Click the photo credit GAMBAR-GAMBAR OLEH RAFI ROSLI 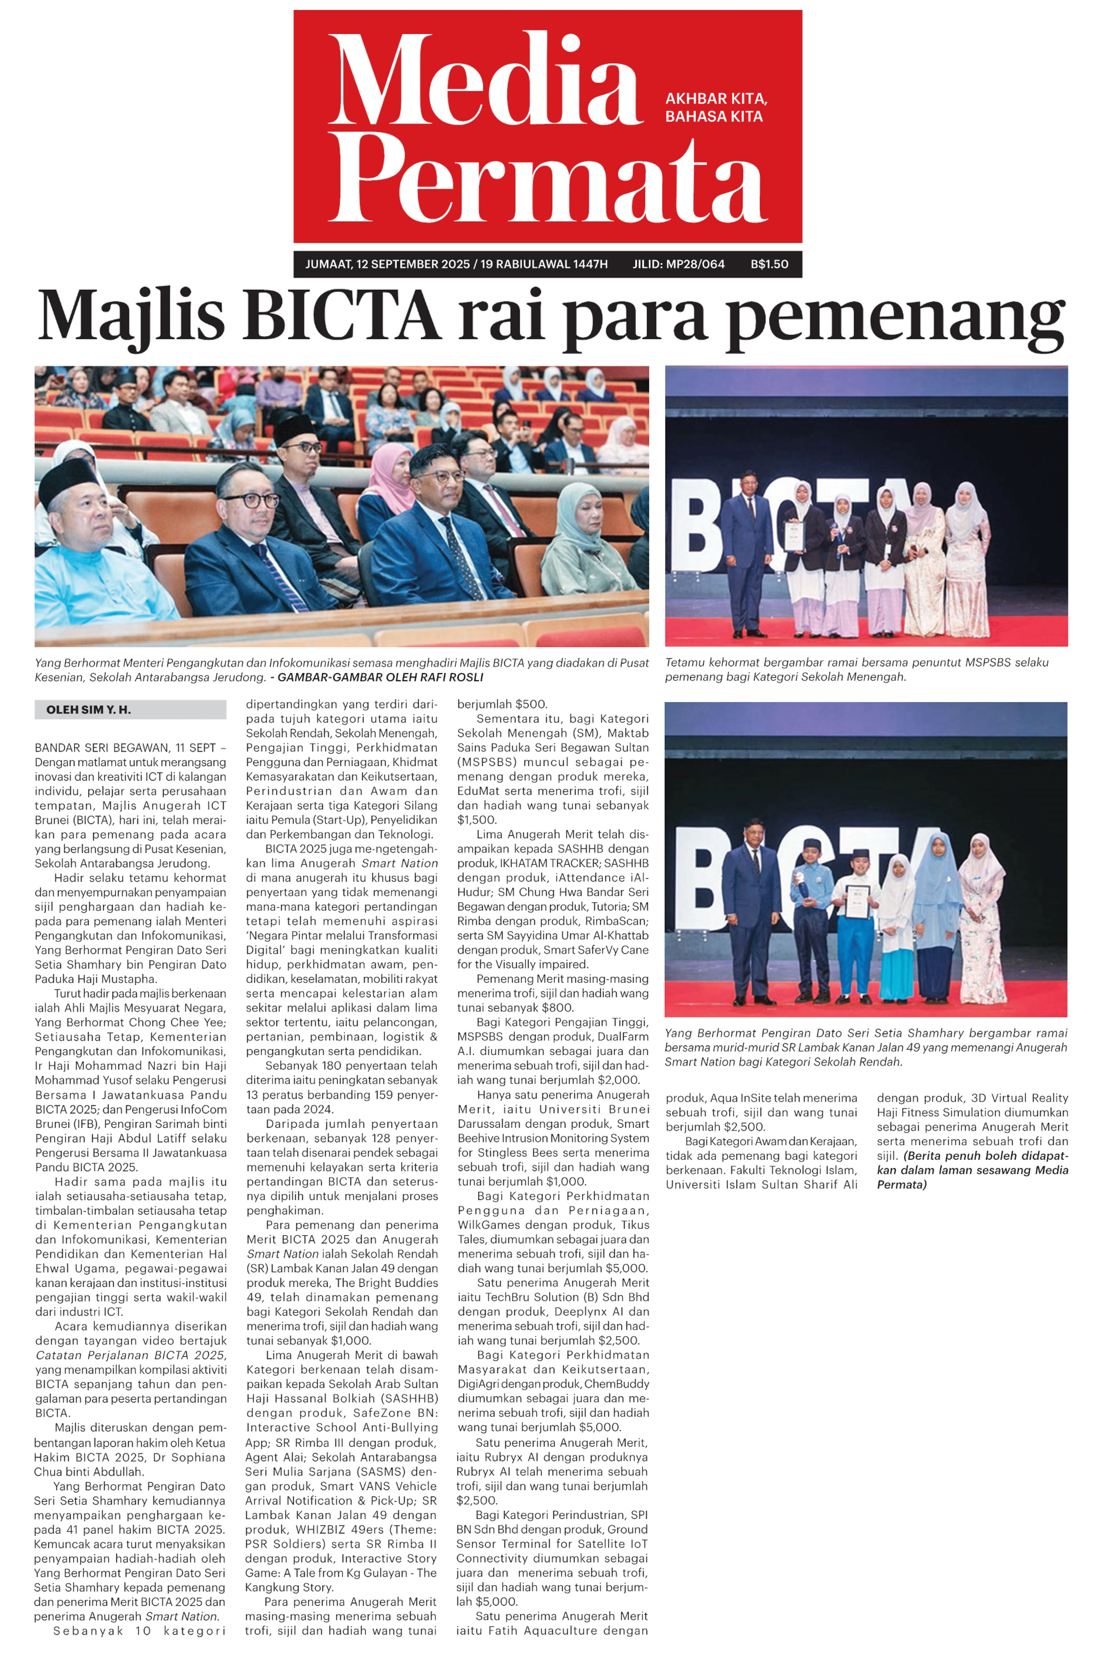(380, 677)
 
